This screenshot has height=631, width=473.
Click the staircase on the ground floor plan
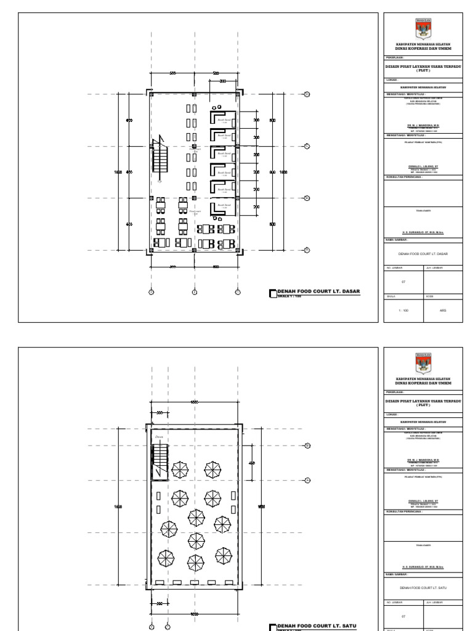coord(162,161)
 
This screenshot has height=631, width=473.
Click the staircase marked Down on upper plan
coord(160,460)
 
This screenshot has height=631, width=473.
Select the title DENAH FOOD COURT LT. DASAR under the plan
coord(319,291)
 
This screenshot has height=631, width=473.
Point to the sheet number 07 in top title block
coord(403,282)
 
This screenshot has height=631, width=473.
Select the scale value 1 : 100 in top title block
coord(403,311)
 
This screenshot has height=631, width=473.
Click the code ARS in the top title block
coord(443,311)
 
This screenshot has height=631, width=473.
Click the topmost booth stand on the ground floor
coord(224,118)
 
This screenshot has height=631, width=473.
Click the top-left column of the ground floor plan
coord(150,94)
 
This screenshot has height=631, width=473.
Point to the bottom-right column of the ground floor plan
coord(238,249)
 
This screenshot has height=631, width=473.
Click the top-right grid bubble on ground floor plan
coord(306,94)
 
